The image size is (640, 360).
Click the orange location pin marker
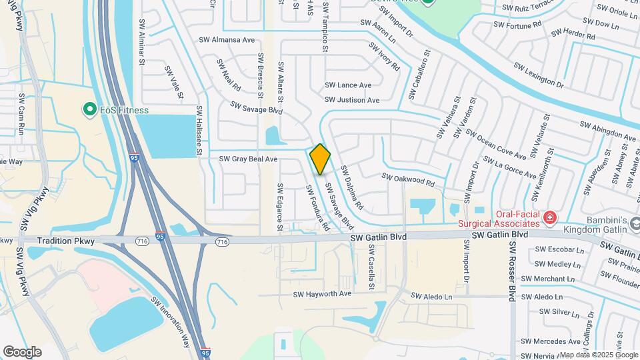[x=321, y=159]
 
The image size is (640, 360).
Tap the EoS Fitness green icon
[x=88, y=109]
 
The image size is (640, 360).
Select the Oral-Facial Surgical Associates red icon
[x=549, y=217]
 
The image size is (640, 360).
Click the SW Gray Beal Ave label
[x=247, y=159]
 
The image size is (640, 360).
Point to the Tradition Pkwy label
[x=65, y=240]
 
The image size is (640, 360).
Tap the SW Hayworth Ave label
[x=322, y=294]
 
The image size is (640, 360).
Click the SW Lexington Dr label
[x=539, y=75]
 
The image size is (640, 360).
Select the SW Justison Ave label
[x=352, y=100]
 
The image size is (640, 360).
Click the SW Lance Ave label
[x=348, y=85]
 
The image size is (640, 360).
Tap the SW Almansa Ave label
[x=227, y=40]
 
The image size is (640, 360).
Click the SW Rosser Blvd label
[x=512, y=269]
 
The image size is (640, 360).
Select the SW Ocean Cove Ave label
[x=497, y=147]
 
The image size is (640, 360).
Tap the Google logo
[x=21, y=351]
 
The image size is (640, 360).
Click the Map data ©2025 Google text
[x=598, y=355]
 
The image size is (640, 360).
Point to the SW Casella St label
[x=371, y=261]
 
